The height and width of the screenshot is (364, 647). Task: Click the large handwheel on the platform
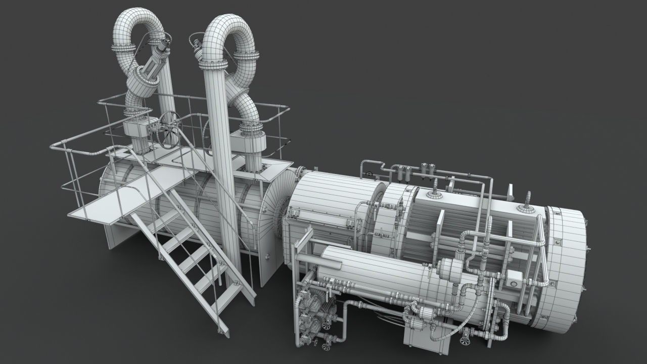(x=168, y=130)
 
